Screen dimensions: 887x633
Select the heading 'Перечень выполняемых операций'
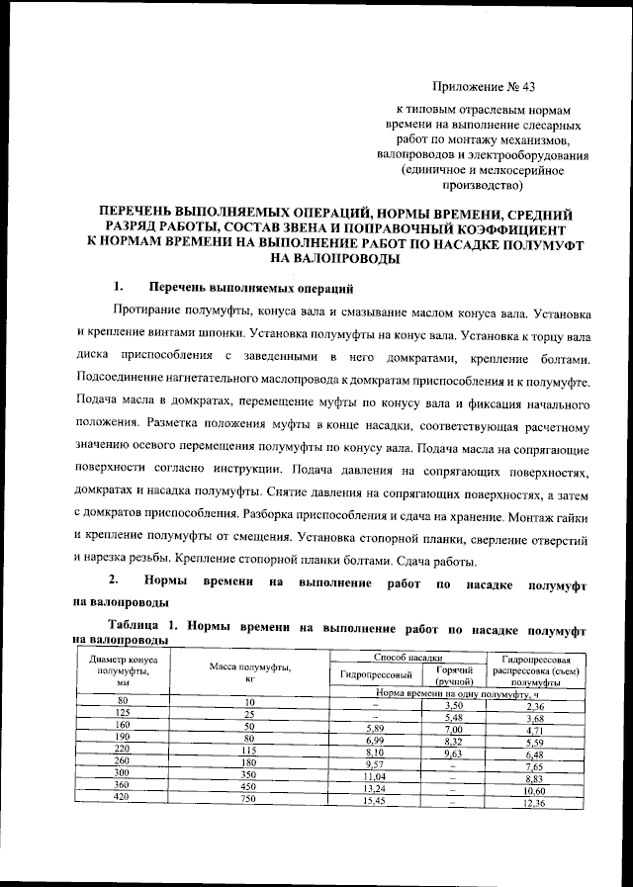point(250,290)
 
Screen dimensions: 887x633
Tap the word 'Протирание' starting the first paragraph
point(150,314)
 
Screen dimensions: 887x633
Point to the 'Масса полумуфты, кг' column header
point(250,670)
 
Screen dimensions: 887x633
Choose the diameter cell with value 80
point(124,701)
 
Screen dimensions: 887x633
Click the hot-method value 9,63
point(454,753)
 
